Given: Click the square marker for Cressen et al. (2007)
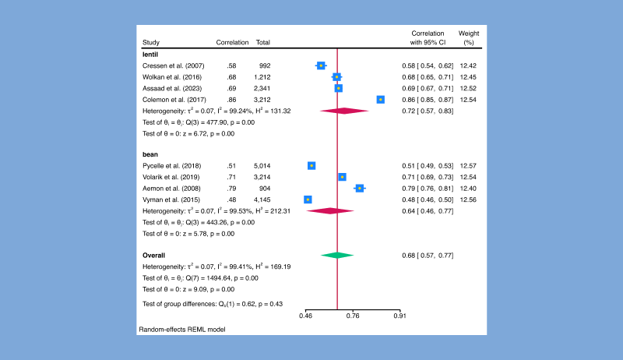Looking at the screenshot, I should coord(321,66).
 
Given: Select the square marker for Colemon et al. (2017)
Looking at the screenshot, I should coord(381,100).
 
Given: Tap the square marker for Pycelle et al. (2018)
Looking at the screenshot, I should coord(311,166).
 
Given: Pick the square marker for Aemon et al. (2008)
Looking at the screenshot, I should coord(359,188).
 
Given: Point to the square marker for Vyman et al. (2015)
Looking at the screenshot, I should coord(308,199).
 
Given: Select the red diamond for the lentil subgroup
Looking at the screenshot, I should coord(343,111).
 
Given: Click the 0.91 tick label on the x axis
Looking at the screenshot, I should coord(399,316).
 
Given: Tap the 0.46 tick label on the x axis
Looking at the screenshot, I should coord(307,316).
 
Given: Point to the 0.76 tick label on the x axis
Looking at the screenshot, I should coord(353,316).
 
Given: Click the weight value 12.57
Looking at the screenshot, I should coord(468,166).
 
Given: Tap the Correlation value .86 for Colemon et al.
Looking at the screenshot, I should coord(231,100).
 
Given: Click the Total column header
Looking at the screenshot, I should coord(262,42).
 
